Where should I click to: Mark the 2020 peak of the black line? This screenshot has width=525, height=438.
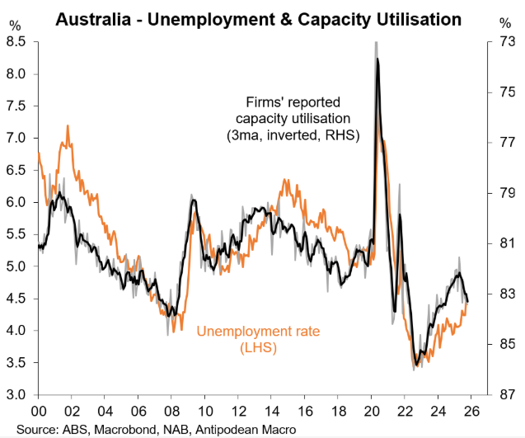tap(377, 59)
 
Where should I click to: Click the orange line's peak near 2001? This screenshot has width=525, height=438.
tap(68, 126)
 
